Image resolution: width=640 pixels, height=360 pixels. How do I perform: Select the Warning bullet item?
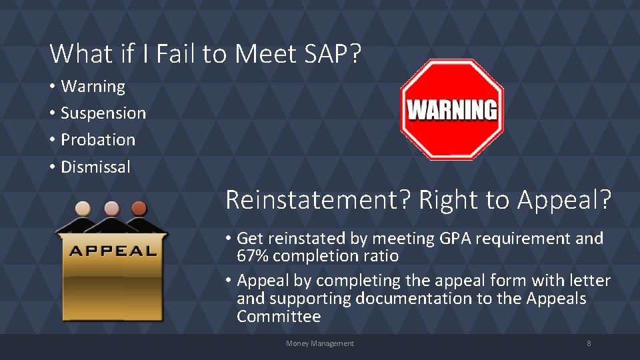tap(93, 87)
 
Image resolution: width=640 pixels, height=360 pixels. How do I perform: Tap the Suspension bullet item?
tap(103, 113)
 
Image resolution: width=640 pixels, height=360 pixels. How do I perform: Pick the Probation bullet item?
tap(97, 140)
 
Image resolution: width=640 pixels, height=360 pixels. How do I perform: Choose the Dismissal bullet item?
tap(95, 167)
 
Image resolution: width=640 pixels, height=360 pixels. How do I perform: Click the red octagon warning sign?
tap(451, 140)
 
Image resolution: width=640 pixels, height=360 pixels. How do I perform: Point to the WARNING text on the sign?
tap(451, 109)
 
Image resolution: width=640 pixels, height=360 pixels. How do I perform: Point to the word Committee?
tap(279, 316)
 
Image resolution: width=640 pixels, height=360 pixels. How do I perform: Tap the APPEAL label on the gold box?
tap(112, 251)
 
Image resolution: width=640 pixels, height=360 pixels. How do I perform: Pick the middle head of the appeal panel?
tap(111, 209)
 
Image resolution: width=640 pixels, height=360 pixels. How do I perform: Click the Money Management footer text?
tap(320, 343)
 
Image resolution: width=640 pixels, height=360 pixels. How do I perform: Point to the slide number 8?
tap(589, 343)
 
